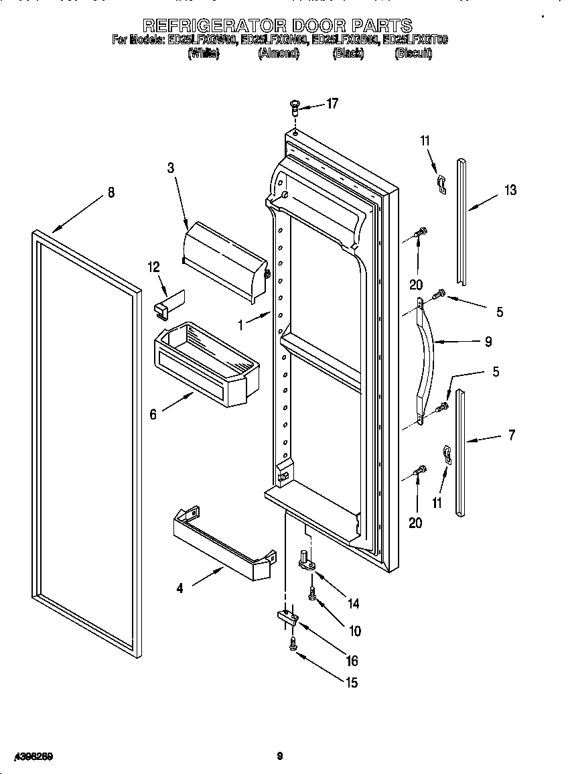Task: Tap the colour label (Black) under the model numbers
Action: click(x=348, y=54)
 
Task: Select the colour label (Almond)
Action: click(x=278, y=54)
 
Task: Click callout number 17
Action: click(x=332, y=103)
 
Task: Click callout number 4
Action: click(x=180, y=588)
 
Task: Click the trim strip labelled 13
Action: click(x=461, y=221)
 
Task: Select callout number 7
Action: click(x=511, y=436)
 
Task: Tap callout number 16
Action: click(x=352, y=661)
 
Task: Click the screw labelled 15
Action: click(x=293, y=644)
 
